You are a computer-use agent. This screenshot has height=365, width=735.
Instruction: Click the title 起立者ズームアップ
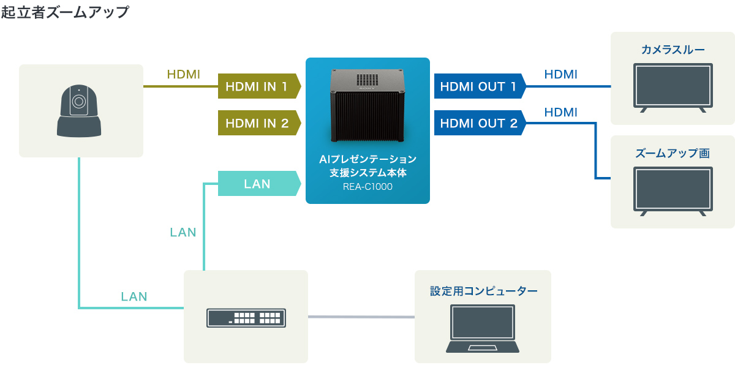[x=65, y=12]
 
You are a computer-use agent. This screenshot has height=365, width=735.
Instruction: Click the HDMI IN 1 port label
[x=257, y=86]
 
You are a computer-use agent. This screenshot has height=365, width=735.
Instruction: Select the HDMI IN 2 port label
[x=257, y=123]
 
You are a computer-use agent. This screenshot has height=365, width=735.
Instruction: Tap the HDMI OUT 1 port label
[x=478, y=86]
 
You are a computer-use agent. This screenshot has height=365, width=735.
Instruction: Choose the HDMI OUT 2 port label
[x=478, y=123]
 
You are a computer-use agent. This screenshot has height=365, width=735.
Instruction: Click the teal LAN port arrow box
[x=257, y=184]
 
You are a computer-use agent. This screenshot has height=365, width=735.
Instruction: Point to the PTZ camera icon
[x=79, y=111]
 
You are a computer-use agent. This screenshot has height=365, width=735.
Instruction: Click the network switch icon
[x=246, y=317]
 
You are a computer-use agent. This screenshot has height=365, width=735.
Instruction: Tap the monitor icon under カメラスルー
[x=673, y=87]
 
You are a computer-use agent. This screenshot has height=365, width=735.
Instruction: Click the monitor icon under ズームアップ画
[x=673, y=190]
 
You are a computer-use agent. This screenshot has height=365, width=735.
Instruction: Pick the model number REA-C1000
[x=367, y=187]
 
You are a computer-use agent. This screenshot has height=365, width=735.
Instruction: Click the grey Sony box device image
[x=368, y=104]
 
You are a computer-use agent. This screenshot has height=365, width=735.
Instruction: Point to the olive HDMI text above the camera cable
[x=184, y=75]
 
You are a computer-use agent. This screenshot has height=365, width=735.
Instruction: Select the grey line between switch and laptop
[x=361, y=317]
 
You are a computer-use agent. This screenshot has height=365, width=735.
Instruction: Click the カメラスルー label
[x=673, y=50]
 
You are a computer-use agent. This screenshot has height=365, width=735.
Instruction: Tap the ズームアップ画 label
[x=673, y=153]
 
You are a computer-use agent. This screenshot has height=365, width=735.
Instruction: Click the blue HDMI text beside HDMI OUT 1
[x=560, y=75]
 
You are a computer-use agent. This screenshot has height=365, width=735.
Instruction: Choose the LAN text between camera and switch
[x=134, y=297]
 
